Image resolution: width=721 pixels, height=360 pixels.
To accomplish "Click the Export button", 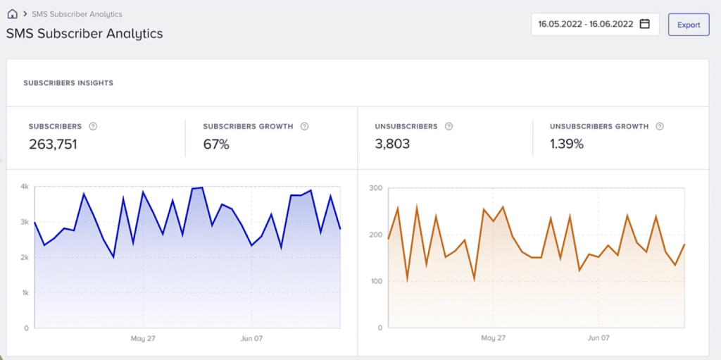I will click(x=688, y=25).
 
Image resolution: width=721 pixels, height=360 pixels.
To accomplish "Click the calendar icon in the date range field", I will click(x=644, y=24).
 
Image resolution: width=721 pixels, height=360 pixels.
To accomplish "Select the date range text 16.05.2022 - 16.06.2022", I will click(x=585, y=24).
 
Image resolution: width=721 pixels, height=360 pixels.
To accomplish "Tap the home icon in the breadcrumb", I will click(x=12, y=14).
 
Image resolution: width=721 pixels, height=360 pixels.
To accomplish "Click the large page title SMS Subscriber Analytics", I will click(x=84, y=33).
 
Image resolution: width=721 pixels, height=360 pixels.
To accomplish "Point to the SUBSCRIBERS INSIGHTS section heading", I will click(x=68, y=83).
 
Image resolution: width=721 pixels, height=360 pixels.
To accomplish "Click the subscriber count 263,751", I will click(x=53, y=144).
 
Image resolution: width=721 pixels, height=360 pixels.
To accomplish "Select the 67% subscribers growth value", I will click(x=216, y=144).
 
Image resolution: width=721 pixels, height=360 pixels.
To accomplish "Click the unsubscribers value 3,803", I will click(x=392, y=144).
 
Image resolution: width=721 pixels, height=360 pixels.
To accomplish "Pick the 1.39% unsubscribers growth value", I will click(x=567, y=144).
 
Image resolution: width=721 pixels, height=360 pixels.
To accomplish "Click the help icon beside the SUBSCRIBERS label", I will click(x=93, y=127).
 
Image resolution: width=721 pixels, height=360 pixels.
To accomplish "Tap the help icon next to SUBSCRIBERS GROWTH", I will click(x=304, y=127).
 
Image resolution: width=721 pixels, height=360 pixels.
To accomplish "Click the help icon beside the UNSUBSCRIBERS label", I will click(x=449, y=127).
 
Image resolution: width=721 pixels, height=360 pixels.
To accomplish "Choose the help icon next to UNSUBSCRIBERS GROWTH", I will click(x=660, y=127).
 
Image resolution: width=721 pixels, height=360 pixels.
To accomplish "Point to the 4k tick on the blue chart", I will click(x=24, y=187).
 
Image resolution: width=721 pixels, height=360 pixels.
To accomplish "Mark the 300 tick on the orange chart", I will click(x=375, y=188).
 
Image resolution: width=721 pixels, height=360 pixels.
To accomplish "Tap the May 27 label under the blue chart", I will click(x=142, y=339).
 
